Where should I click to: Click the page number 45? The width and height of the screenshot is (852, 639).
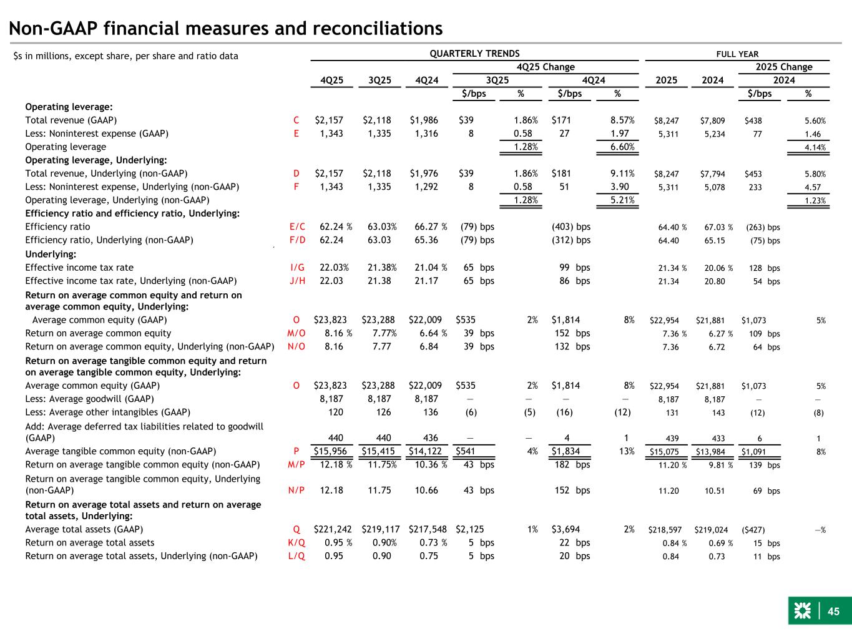[833, 612]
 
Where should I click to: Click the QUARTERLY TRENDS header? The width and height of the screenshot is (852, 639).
[474, 54]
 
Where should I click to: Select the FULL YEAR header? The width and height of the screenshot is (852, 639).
[737, 54]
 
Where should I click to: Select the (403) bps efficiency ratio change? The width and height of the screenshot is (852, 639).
[571, 227]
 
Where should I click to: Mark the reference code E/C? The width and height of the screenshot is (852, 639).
[297, 227]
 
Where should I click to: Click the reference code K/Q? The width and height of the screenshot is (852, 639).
[297, 543]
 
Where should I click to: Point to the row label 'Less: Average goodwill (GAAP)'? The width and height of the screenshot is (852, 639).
[89, 399]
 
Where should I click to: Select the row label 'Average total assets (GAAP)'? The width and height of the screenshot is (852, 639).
[84, 529]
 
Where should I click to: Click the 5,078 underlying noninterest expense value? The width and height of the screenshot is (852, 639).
[712, 187]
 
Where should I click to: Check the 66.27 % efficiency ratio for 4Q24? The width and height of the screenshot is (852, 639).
[431, 227]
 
